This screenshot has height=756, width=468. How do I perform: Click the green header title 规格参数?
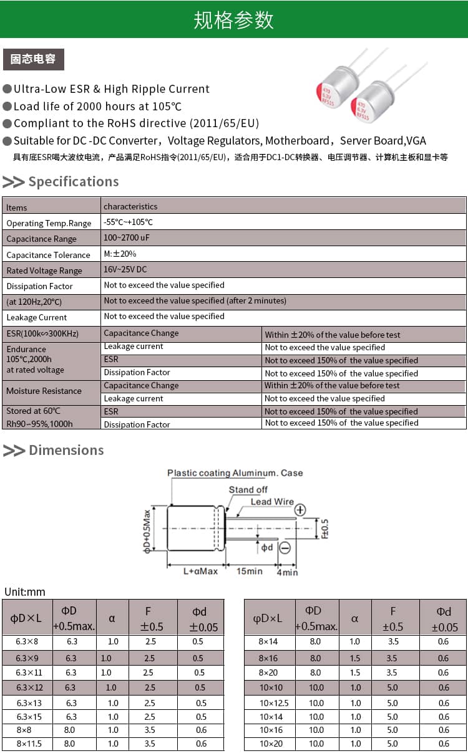tap(233, 20)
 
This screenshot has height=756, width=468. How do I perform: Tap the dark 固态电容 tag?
tap(33, 59)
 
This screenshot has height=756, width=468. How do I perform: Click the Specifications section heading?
tap(73, 181)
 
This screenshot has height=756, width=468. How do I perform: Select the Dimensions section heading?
tap(66, 450)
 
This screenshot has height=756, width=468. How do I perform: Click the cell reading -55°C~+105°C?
tap(129, 222)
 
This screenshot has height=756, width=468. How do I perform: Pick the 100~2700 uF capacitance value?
tap(127, 237)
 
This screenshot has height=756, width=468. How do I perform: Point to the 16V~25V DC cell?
tap(125, 269)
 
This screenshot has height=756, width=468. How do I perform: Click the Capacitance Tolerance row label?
tap(48, 254)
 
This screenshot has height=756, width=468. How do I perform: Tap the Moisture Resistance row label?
tap(44, 391)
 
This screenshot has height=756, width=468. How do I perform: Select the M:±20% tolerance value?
tap(120, 254)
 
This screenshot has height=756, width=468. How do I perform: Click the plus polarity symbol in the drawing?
tap(300, 509)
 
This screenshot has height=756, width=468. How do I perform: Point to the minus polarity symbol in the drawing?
tap(285, 548)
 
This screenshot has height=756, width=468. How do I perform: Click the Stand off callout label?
tap(248, 490)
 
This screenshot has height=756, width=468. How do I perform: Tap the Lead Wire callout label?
tap(272, 502)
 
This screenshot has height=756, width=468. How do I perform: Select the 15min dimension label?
tap(250, 571)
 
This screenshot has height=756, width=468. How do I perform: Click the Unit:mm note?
tap(25, 592)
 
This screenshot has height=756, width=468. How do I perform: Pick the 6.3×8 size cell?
tap(27, 641)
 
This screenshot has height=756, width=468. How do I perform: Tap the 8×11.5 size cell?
tap(27, 744)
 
